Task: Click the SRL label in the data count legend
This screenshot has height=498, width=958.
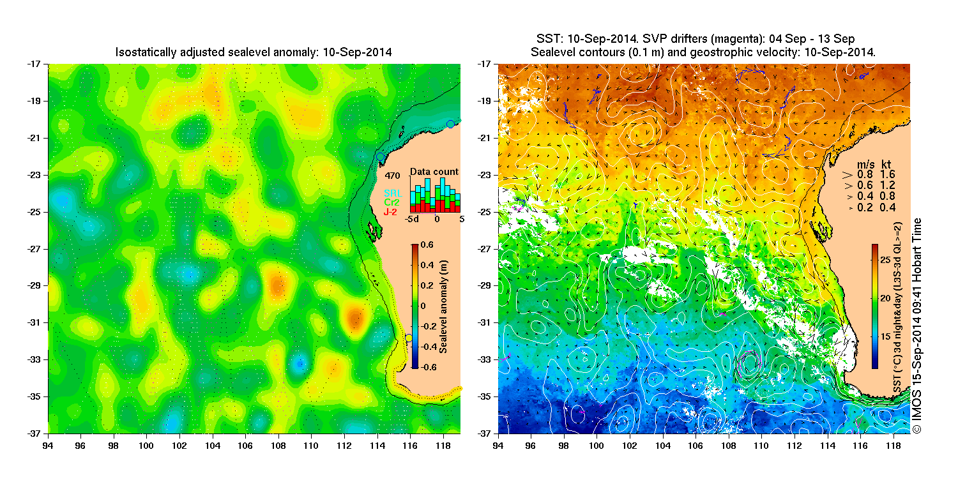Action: [x=391, y=193]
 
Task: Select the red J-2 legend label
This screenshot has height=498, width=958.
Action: [x=391, y=211]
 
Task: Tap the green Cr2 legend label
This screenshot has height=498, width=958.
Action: [x=391, y=202]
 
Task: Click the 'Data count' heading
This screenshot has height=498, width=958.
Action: [x=434, y=172]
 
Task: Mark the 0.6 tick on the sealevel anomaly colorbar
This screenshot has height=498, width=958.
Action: [x=428, y=245]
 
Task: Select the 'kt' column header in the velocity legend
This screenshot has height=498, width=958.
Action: [x=887, y=163]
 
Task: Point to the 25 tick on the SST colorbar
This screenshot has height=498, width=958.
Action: [x=886, y=260]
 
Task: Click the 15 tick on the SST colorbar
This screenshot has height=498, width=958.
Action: [x=886, y=336]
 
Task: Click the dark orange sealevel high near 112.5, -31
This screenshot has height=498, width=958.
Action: [x=355, y=316]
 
